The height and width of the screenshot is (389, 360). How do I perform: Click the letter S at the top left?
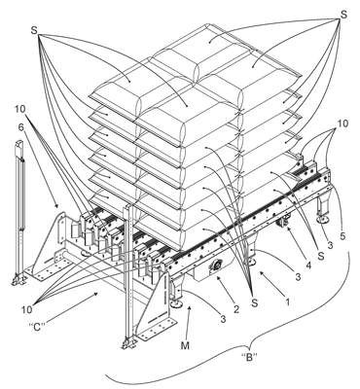tap(34, 30)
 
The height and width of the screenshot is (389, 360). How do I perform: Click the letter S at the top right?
tap(343, 15)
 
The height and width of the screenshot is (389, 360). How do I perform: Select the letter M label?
tap(185, 346)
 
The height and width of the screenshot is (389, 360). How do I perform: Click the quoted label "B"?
tap(250, 357)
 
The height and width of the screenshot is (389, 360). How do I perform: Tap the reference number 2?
tap(236, 309)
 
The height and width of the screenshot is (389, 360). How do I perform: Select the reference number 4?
tap(308, 265)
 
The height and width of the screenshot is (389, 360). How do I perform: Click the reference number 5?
tap(343, 236)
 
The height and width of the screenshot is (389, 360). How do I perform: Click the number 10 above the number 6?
tap(19, 109)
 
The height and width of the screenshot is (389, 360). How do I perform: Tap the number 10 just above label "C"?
tap(27, 309)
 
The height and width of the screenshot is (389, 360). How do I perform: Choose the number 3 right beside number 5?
tap(330, 245)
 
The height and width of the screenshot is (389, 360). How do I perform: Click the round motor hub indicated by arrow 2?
tap(215, 265)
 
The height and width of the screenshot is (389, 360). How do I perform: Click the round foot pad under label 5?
tap(323, 220)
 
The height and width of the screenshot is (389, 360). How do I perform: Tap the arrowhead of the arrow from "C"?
tap(96, 293)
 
